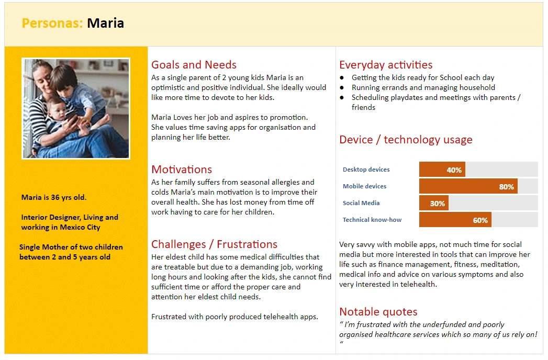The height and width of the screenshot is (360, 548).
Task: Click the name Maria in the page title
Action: tap(106, 23)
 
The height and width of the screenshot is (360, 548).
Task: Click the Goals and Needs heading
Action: tap(194, 65)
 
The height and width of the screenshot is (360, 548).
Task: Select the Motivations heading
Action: tap(182, 170)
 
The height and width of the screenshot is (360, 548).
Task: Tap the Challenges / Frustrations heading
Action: tap(214, 244)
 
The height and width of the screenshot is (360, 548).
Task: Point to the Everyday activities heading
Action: tap(386, 65)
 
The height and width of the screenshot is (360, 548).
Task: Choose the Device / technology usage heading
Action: tap(406, 140)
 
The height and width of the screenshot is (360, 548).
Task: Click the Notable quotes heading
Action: tap(378, 311)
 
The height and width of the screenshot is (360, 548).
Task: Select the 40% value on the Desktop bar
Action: tap(454, 170)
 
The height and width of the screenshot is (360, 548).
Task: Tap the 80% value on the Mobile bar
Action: tap(507, 187)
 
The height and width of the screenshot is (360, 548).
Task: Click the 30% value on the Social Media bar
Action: tap(437, 204)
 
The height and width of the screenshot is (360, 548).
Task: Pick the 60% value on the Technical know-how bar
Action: tap(480, 220)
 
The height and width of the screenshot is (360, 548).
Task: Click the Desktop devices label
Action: tap(366, 170)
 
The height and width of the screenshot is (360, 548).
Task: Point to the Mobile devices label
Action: tap(364, 186)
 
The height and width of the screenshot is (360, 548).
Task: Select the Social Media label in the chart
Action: tap(361, 203)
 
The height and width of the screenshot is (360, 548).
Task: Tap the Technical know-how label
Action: tap(372, 220)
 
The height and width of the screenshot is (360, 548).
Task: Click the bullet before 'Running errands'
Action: tap(342, 88)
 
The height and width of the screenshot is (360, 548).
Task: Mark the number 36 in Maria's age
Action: tap(55, 197)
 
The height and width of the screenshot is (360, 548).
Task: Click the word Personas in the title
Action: tap(52, 23)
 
